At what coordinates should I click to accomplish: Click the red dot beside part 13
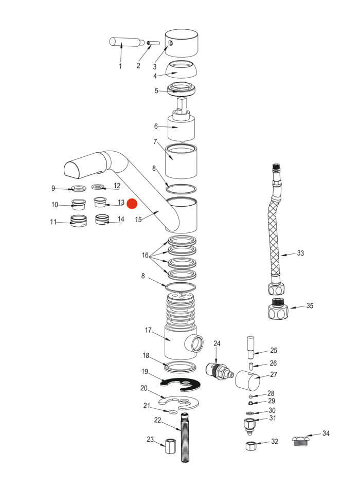point(133,204)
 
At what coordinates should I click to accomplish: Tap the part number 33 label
point(301,253)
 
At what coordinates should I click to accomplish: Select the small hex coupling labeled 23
point(170,445)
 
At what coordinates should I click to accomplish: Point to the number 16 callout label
point(146,256)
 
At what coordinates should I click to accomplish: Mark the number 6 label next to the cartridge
point(155,126)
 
